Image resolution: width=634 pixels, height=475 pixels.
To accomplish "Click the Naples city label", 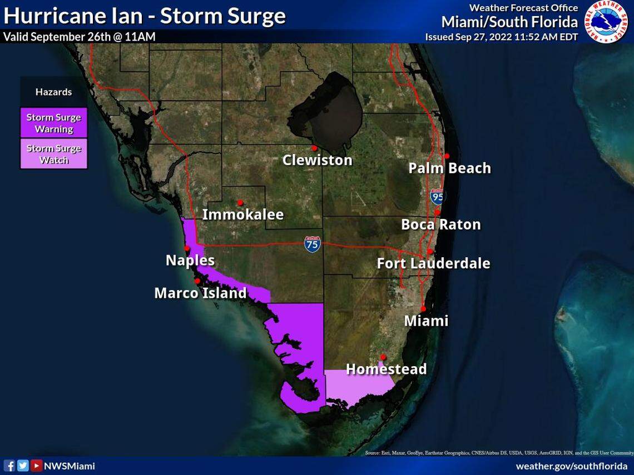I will pos(190,260).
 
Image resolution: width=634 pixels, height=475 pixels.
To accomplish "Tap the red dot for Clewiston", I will pos(314,148).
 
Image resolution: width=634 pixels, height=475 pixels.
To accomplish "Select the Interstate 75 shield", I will pos(312,244).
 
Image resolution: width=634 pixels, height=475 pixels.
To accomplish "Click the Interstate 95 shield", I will pos(438,196).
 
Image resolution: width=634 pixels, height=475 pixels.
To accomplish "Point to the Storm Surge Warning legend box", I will pos(54,123).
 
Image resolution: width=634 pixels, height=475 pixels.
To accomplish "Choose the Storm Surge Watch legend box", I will pos(54,154).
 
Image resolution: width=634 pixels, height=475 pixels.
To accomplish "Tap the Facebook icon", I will pos(9,466).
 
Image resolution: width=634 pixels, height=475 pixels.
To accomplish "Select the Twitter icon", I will pos(23,466).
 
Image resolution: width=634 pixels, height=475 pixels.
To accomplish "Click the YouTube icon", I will pos(36,466).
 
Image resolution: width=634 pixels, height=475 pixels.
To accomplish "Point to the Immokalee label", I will pos(242,214).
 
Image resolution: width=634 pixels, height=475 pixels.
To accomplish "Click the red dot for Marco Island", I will pos(197,281).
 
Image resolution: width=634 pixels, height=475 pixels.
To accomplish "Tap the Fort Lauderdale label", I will pos(433,263).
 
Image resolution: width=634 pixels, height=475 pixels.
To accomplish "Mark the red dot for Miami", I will pos(423,309).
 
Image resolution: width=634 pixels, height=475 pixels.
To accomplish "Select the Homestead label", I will pos(386,369).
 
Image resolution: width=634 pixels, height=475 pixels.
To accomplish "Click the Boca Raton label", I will pos(440,224).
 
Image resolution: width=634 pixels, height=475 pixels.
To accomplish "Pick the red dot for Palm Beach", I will pos(447,156).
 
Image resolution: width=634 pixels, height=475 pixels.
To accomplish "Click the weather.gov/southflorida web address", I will pos(571,466).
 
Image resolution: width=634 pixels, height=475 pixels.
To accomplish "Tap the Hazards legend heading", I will pos(54,92).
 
